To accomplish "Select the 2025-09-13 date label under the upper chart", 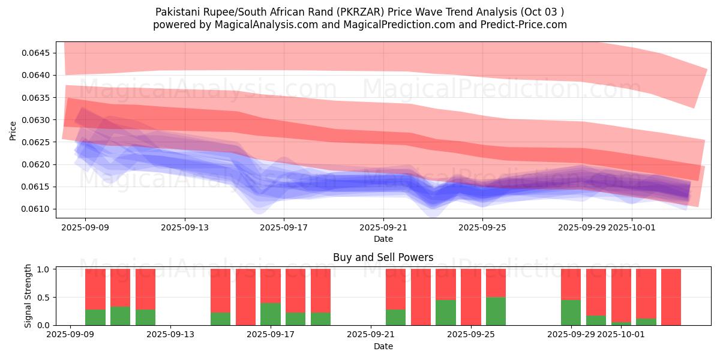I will [x=185, y=227].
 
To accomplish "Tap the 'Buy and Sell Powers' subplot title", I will [x=383, y=257].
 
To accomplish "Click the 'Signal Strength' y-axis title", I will [x=28, y=296].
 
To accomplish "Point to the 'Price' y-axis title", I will [x=13, y=130].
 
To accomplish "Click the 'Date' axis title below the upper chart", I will [x=383, y=239].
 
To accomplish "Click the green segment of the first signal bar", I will [x=95, y=317].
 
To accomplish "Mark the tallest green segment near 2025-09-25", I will [x=496, y=311].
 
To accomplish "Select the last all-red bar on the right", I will [x=671, y=297].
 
